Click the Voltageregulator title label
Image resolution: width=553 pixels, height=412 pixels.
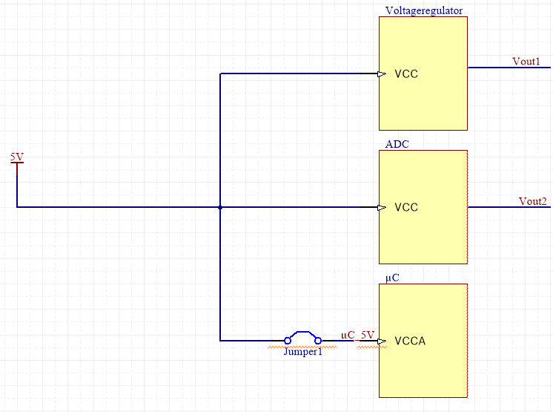[425, 10]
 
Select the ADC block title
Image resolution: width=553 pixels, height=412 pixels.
[397, 144]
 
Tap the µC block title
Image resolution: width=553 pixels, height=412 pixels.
[392, 278]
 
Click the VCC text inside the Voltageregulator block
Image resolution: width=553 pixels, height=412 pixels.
[406, 74]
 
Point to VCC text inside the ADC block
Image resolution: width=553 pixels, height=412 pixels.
[406, 208]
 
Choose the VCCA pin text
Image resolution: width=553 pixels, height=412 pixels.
[411, 341]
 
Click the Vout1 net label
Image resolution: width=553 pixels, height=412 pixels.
[526, 62]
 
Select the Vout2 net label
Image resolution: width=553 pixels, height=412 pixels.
[532, 201]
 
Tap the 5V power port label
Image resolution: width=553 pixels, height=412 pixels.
[16, 157]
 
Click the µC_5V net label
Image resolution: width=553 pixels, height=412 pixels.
[357, 335]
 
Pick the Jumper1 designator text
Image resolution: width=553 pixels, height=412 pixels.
[303, 353]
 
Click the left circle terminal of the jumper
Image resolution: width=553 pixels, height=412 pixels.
[288, 341]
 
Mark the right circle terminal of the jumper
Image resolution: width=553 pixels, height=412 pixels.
[318, 341]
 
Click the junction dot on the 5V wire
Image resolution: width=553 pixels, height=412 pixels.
[220, 208]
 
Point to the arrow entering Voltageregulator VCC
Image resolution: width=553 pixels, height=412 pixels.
[381, 74]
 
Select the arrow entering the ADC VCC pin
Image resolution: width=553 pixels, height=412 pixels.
[381, 208]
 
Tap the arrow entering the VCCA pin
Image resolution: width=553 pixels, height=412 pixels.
[381, 341]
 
